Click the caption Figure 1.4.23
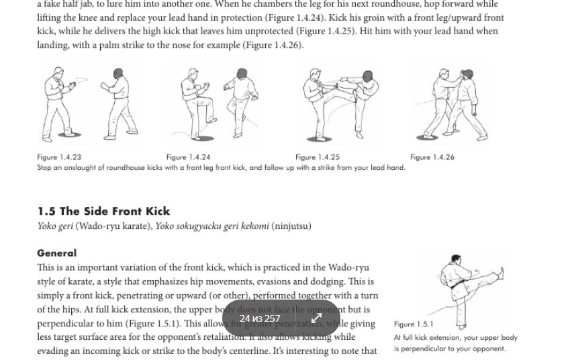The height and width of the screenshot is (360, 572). (x=59, y=157)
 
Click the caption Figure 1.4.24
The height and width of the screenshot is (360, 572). (x=189, y=157)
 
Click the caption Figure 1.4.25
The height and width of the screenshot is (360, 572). (x=318, y=157)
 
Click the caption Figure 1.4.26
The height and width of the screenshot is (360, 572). (x=432, y=157)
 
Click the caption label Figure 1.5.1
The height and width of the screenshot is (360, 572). (x=414, y=324)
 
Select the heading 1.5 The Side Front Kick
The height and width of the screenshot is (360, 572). (x=103, y=211)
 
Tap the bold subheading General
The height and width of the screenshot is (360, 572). (x=57, y=253)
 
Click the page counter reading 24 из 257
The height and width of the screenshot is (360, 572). (x=260, y=318)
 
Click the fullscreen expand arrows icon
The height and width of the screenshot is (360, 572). (x=317, y=318)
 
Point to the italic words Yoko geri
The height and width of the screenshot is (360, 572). (x=55, y=226)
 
